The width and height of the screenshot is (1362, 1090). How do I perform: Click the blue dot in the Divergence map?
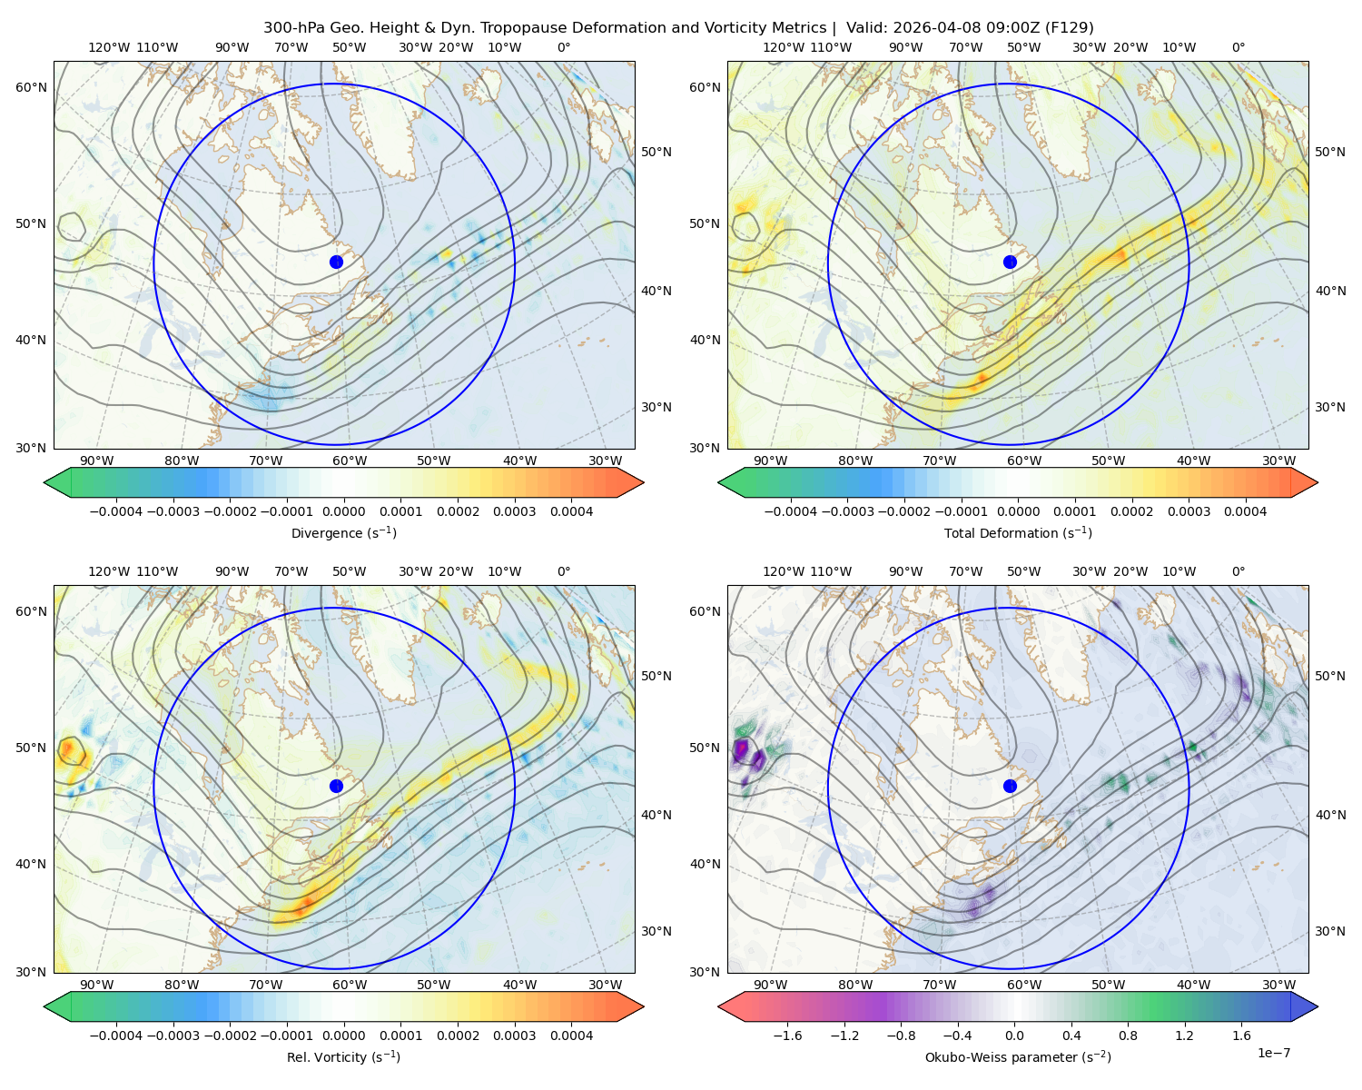click(336, 262)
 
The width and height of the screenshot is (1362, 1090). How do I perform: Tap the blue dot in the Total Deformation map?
click(1010, 262)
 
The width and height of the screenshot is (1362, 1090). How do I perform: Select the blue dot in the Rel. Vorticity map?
click(336, 786)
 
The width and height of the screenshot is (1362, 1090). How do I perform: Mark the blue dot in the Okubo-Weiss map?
click(1010, 786)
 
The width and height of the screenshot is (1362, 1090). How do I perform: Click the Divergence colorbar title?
click(343, 532)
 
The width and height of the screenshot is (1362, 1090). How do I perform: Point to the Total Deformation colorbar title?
click(1018, 532)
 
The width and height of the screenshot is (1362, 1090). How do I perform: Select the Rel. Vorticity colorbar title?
click(343, 1056)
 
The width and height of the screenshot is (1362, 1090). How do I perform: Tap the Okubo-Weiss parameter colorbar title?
click(1018, 1056)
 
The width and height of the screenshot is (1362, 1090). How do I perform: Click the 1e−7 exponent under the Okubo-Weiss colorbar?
click(1273, 1053)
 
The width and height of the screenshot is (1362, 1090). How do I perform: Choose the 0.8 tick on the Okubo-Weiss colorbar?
click(1128, 1035)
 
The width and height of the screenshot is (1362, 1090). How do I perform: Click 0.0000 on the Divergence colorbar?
click(343, 511)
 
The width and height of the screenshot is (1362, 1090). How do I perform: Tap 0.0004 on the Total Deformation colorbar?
click(1246, 511)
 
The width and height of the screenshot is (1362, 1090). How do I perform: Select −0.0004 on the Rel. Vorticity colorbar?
click(116, 1035)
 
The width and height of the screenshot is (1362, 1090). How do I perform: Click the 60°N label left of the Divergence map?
click(31, 87)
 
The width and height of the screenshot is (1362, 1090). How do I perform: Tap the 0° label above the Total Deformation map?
click(1238, 47)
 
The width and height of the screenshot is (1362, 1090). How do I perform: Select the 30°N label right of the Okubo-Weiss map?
click(1330, 930)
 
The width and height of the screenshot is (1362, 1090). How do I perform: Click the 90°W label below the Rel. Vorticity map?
click(97, 985)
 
